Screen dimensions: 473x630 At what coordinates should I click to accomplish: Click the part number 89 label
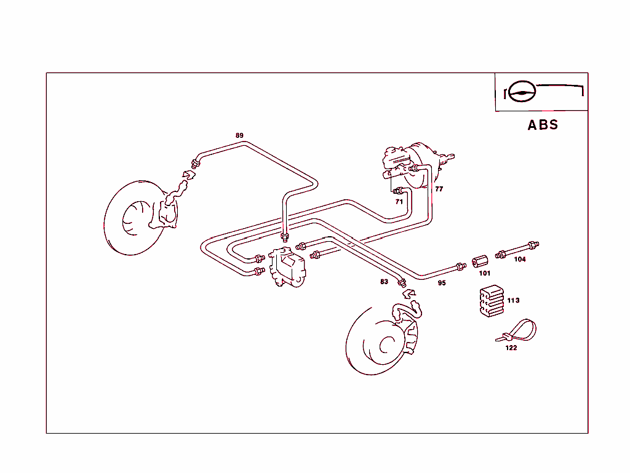pyautogui.click(x=239, y=135)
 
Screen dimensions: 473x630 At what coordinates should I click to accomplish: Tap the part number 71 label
pyautogui.click(x=399, y=201)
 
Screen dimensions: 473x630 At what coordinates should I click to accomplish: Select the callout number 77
pyautogui.click(x=439, y=189)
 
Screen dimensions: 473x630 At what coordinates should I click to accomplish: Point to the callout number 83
pyautogui.click(x=384, y=282)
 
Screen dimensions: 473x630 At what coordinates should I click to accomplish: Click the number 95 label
pyautogui.click(x=442, y=283)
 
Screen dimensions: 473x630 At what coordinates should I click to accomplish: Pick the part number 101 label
pyautogui.click(x=485, y=273)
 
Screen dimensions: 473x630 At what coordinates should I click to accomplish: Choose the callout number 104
pyautogui.click(x=520, y=259)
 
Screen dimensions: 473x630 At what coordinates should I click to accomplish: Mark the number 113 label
pyautogui.click(x=513, y=300)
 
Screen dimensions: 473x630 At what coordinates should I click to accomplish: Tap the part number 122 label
pyautogui.click(x=511, y=348)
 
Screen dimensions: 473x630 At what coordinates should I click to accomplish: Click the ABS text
pyautogui.click(x=543, y=125)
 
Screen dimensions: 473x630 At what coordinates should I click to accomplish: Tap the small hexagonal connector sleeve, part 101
pyautogui.click(x=479, y=261)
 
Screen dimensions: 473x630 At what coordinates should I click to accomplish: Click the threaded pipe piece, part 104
pyautogui.click(x=519, y=249)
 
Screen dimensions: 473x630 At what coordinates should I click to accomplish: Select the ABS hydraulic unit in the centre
pyautogui.click(x=286, y=267)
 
